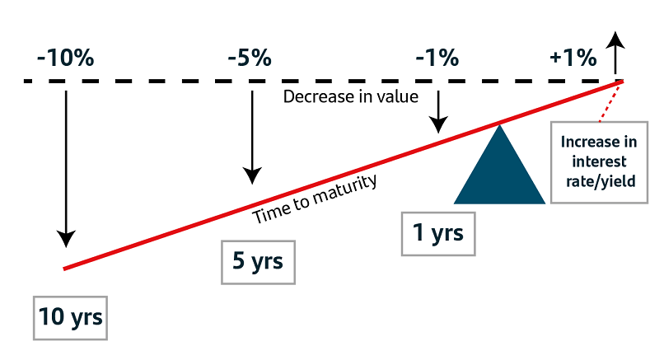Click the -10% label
pyautogui.click(x=66, y=58)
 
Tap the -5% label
pyautogui.click(x=250, y=58)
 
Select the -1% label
pyautogui.click(x=437, y=58)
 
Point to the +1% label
pyautogui.click(x=573, y=58)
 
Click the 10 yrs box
pyautogui.click(x=70, y=318)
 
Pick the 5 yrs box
pyautogui.click(x=258, y=262)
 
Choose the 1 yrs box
pyautogui.click(x=438, y=234)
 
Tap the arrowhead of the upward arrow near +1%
pyautogui.click(x=615, y=40)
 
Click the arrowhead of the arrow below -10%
pyautogui.click(x=66, y=239)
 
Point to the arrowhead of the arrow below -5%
pyautogui.click(x=252, y=175)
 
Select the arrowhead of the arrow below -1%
pyautogui.click(x=438, y=125)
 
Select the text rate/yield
pyautogui.click(x=601, y=181)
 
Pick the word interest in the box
pyautogui.click(x=599, y=161)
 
